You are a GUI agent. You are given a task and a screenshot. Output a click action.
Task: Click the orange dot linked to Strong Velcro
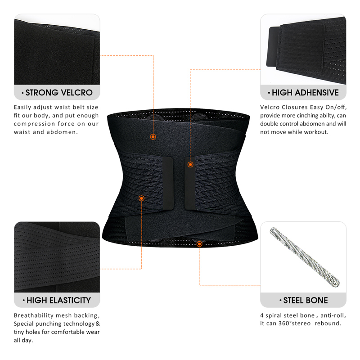(153, 136)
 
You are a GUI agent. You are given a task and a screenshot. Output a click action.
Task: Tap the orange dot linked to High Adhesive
(190, 165)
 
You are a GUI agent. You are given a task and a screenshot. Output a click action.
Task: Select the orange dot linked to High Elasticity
(141, 198)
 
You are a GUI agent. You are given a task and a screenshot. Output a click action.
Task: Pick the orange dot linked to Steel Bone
(199, 244)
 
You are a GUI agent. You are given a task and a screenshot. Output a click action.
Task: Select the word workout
(318, 132)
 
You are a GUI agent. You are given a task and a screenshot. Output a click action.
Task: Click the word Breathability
(34, 315)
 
